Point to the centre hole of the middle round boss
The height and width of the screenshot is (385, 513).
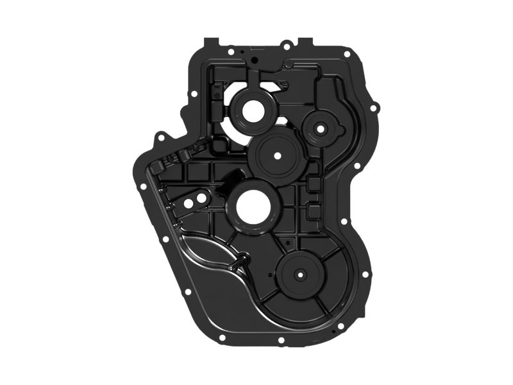click(278, 155)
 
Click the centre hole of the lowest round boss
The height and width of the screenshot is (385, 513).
click(299, 274)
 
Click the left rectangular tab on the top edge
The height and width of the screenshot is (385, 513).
click(212, 43)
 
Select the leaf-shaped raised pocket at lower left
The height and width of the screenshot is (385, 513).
click(205, 253)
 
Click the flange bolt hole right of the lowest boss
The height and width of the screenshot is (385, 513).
click(365, 274)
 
